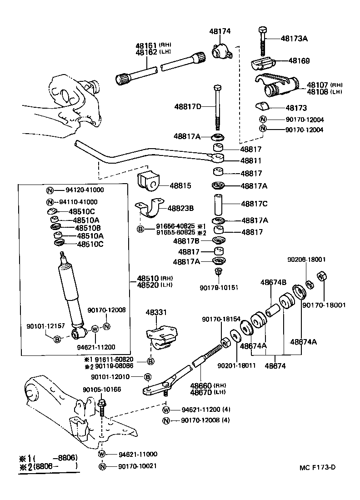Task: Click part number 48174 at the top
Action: [220, 31]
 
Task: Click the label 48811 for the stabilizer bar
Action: [250, 161]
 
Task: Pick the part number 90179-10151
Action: [219, 287]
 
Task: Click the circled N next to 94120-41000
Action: [51, 190]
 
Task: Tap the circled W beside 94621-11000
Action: [102, 454]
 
